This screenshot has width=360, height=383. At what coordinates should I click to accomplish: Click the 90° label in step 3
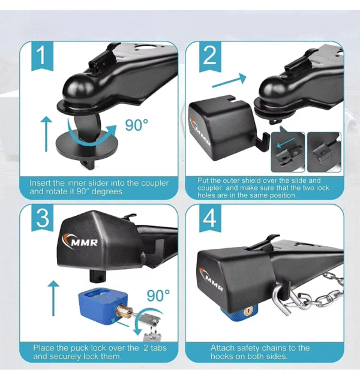point(157,296)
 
